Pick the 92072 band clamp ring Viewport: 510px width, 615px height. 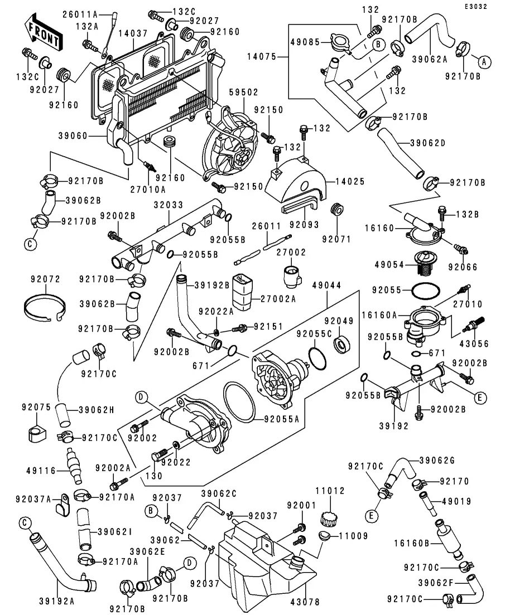(46, 307)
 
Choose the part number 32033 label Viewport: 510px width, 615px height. (169, 205)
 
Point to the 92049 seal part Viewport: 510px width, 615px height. (342, 343)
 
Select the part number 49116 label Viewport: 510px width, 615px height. (41, 471)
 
